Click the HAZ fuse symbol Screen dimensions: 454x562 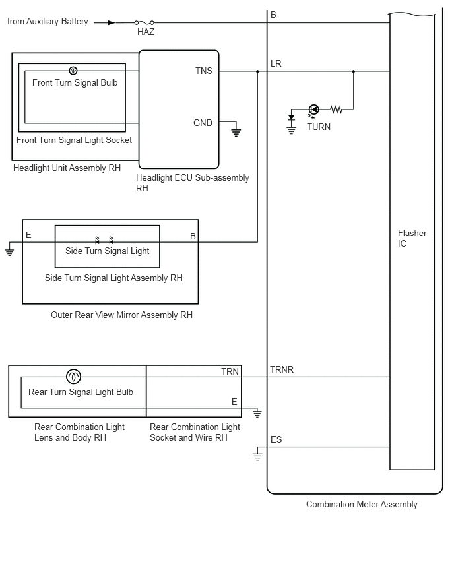[145, 22]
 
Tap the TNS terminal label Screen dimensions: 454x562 [204, 71]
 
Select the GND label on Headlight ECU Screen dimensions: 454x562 [203, 123]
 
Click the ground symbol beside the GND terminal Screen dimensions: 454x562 [236, 132]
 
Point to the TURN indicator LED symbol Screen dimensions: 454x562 [314, 109]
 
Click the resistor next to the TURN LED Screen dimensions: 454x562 [336, 109]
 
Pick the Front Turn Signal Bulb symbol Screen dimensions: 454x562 [73, 71]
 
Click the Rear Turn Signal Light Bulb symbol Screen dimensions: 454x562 [73, 377]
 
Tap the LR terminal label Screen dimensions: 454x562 [276, 64]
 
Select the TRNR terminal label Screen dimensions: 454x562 [282, 369]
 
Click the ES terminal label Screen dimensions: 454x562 [276, 439]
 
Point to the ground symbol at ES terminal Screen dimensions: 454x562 [257, 456]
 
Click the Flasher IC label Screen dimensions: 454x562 [412, 238]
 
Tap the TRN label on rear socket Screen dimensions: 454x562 [230, 371]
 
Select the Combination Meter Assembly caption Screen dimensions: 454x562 [362, 505]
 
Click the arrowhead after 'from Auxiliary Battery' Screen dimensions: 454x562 [112, 22]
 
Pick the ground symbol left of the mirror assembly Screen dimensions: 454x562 [9, 251]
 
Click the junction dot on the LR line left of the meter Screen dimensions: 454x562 [257, 71]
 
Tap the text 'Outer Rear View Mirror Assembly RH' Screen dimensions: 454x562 [121, 315]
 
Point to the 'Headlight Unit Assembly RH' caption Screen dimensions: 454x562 [67, 168]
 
